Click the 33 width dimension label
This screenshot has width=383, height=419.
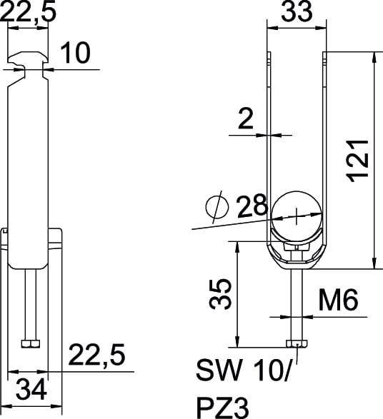[x=297, y=11]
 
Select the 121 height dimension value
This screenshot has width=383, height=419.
[x=357, y=161]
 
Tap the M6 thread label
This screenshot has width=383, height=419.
[x=338, y=300]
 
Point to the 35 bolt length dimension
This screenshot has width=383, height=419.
[x=220, y=294]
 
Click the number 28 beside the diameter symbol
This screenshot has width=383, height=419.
[x=252, y=206]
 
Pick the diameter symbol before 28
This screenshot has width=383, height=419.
[x=217, y=208]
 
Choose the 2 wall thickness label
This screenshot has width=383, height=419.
[x=246, y=119]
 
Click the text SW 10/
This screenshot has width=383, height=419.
[x=243, y=370]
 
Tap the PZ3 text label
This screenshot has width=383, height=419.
[x=222, y=408]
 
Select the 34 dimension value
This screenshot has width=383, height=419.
[x=31, y=390]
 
